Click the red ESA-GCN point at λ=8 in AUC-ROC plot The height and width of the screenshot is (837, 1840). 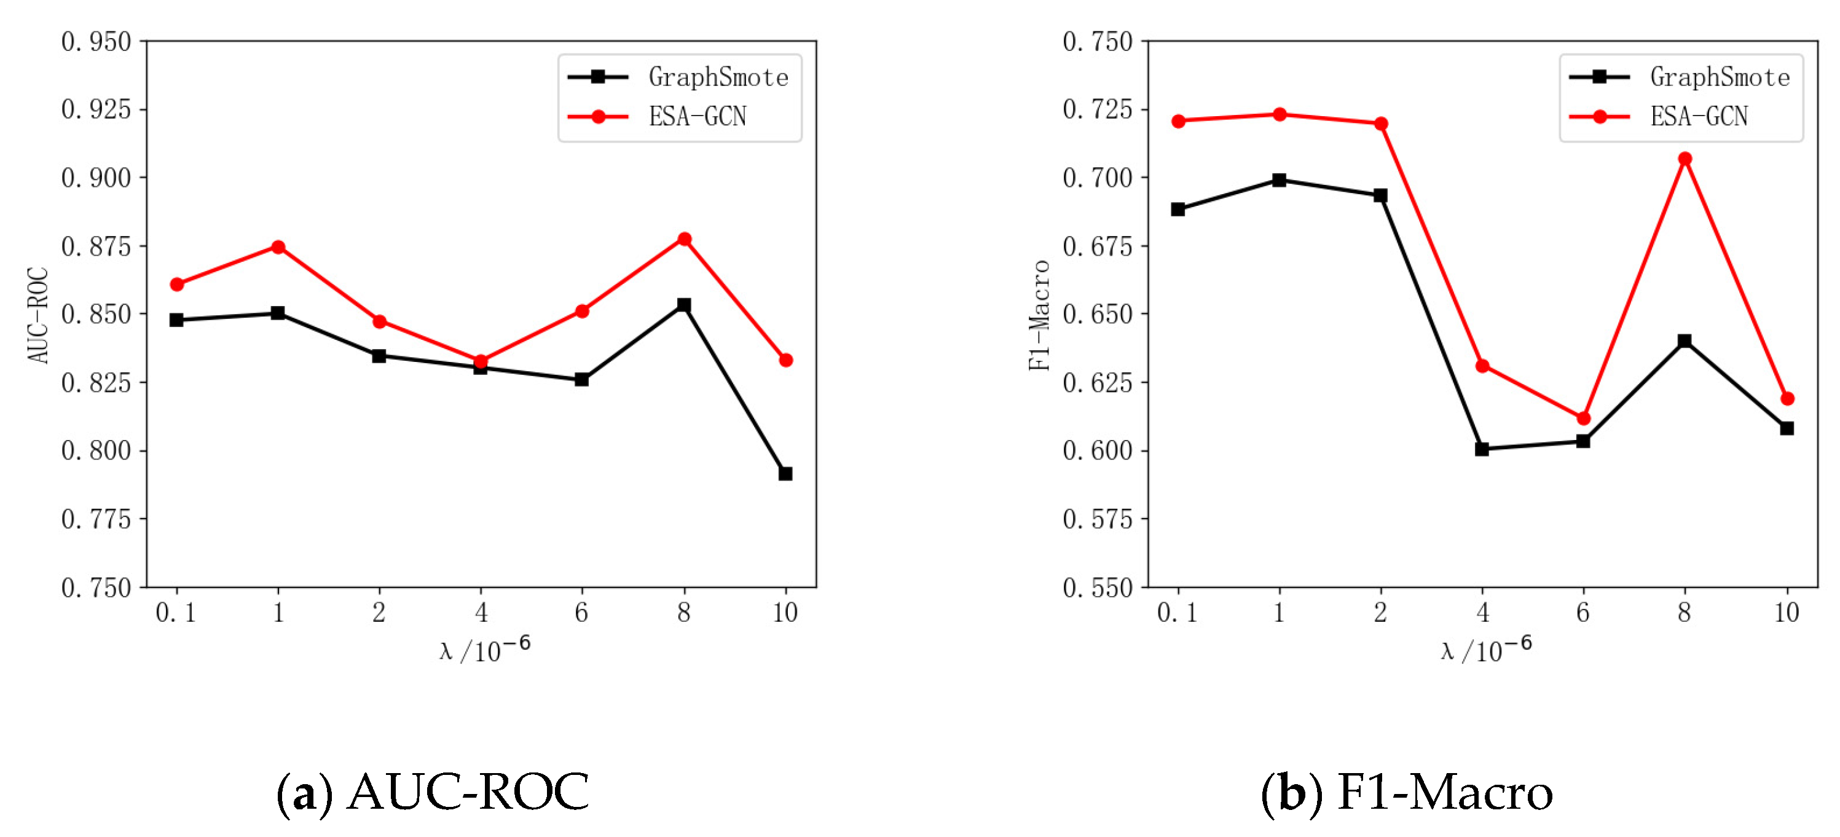(684, 239)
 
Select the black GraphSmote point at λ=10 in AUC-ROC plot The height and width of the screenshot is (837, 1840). (785, 473)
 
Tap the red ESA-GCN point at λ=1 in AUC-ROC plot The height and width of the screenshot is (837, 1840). (278, 247)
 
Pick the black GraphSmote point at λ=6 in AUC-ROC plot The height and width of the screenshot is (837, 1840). (581, 379)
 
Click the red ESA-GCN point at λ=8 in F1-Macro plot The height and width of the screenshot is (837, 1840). (1685, 159)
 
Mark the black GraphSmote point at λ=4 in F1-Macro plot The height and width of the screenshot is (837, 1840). (1482, 449)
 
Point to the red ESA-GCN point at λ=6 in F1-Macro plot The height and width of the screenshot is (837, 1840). (1583, 418)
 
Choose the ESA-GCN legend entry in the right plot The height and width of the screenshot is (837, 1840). (1698, 116)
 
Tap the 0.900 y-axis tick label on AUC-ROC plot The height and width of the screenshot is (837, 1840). (96, 178)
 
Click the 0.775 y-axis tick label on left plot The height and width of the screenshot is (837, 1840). (96, 519)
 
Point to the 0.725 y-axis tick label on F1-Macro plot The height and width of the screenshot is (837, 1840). (1097, 109)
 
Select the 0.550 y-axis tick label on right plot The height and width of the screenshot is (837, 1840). (1097, 587)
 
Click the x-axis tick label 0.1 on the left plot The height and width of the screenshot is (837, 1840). (176, 613)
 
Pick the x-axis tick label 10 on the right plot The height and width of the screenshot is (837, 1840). (1787, 613)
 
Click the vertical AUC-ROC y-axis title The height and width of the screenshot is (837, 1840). (38, 315)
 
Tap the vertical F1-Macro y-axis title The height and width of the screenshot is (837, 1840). (1039, 315)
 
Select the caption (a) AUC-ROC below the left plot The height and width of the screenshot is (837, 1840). (433, 792)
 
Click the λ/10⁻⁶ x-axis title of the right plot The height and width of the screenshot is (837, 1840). (1487, 649)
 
